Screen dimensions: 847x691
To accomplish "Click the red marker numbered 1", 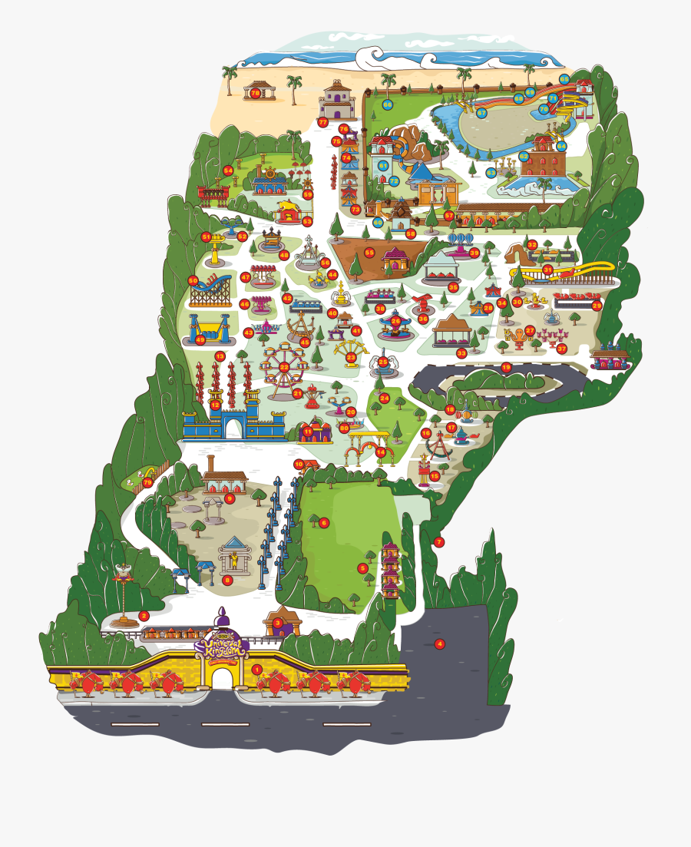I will (x=256, y=670).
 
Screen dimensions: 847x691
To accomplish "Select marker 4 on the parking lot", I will (x=440, y=644).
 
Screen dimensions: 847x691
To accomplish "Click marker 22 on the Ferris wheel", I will (x=283, y=367).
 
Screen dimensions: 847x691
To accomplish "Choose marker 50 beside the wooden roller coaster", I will (x=193, y=281).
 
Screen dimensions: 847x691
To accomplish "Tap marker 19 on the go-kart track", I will (x=506, y=368).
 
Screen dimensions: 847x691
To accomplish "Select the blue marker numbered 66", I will (x=388, y=104).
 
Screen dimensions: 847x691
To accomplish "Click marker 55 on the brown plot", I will (x=369, y=252).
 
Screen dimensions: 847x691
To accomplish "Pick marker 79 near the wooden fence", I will (x=147, y=482).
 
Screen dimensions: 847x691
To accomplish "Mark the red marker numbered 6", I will (x=324, y=523).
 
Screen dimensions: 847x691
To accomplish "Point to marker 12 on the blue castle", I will (x=216, y=405).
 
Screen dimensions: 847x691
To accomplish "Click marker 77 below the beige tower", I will (x=323, y=122).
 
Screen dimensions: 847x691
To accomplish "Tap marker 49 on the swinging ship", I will (x=201, y=339).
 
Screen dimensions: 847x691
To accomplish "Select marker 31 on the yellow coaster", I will (x=547, y=270).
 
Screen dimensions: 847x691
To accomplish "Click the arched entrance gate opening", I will (x=222, y=679).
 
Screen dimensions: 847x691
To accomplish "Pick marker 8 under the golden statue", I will (x=227, y=581).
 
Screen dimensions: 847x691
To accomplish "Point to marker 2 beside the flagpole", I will (x=144, y=616).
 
